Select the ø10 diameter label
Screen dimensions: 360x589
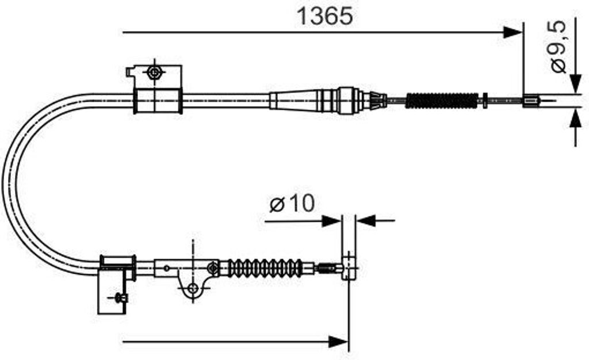[x=292, y=203]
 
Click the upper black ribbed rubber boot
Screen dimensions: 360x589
[x=442, y=101]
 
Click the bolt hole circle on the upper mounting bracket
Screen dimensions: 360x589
[x=154, y=73]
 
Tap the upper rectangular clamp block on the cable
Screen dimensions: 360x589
[x=157, y=101]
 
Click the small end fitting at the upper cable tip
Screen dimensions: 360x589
[x=530, y=101]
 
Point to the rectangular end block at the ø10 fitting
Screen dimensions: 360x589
[x=349, y=266]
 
